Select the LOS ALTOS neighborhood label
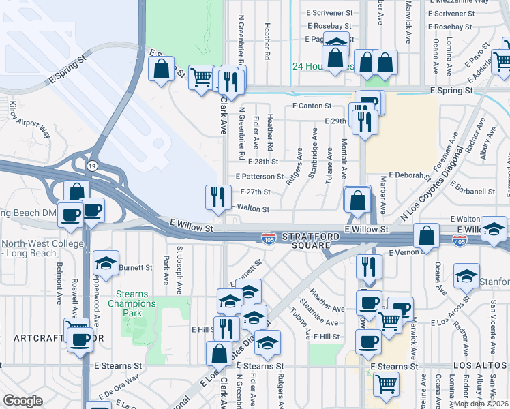tap(481, 366)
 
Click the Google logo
tap(22, 401)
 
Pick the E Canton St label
tap(312, 106)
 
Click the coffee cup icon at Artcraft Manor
tap(80, 338)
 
